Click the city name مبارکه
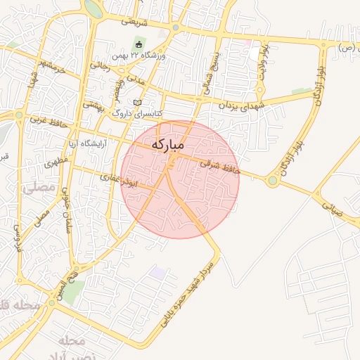tap(167, 144)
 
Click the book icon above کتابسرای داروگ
tap(138, 103)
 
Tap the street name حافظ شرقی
tap(219, 166)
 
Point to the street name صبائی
tap(331, 208)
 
